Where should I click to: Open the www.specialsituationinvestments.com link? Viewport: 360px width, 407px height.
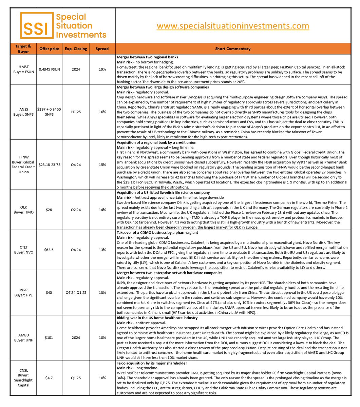coord(233,26)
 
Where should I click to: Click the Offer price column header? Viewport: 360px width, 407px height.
coord(49,49)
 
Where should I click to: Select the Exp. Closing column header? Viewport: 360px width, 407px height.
coord(76,49)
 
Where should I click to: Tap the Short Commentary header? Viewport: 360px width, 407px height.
coord(233,49)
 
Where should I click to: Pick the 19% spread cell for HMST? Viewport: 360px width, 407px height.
coord(102,69)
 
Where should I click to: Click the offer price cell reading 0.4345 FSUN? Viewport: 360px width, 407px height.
coord(49,69)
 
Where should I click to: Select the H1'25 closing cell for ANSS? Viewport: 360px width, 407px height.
coord(76,112)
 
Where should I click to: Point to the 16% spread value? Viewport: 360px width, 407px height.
coord(102,112)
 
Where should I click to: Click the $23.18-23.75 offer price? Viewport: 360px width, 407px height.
coord(49,165)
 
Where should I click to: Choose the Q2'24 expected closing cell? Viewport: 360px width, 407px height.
coord(76,210)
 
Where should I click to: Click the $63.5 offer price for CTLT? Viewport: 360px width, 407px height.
coord(49,250)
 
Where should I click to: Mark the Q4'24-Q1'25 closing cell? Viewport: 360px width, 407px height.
coord(76,292)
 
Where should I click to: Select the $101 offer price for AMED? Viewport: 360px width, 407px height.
coord(49,337)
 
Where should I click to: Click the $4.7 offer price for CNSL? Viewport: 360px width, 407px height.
coord(49,377)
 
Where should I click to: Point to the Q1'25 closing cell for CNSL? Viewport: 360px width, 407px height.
coord(76,377)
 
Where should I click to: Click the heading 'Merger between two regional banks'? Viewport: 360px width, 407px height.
coord(147,57)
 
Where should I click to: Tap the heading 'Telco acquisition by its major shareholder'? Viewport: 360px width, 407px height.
coord(152,363)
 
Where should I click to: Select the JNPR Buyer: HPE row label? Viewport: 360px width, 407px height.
coord(24,292)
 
